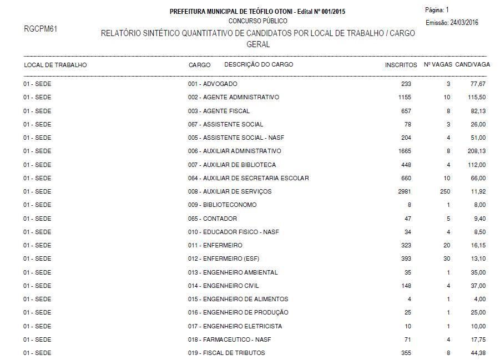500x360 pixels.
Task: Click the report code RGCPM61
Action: (41, 28)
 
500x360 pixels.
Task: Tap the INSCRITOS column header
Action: (401, 65)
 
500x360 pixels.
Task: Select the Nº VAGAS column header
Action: (437, 65)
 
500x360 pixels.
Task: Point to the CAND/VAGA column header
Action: (472, 65)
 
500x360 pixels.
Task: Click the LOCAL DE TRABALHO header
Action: (55, 65)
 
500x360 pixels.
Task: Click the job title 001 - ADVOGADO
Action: (213, 84)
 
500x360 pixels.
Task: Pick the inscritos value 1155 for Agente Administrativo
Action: (404, 97)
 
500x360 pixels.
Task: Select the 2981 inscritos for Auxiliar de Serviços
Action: (404, 191)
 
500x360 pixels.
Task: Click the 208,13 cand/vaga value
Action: (477, 151)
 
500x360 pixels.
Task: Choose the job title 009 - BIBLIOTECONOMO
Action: (222, 205)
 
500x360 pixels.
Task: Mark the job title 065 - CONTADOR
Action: (213, 219)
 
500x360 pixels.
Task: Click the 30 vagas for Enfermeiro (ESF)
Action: (447, 258)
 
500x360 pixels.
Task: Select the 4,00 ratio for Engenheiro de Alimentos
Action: (479, 299)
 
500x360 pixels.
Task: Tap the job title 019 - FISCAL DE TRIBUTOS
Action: (226, 353)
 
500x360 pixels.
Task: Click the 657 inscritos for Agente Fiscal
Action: (406, 111)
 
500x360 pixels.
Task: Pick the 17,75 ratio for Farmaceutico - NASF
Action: (478, 339)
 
